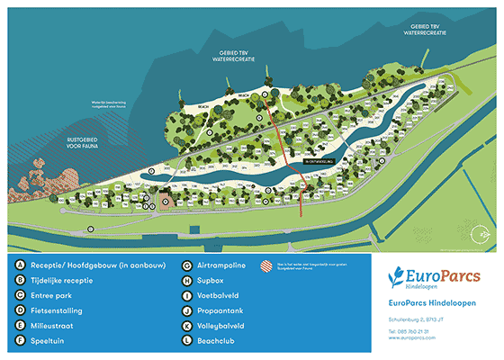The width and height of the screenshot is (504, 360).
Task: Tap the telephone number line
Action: pos(413,330)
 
